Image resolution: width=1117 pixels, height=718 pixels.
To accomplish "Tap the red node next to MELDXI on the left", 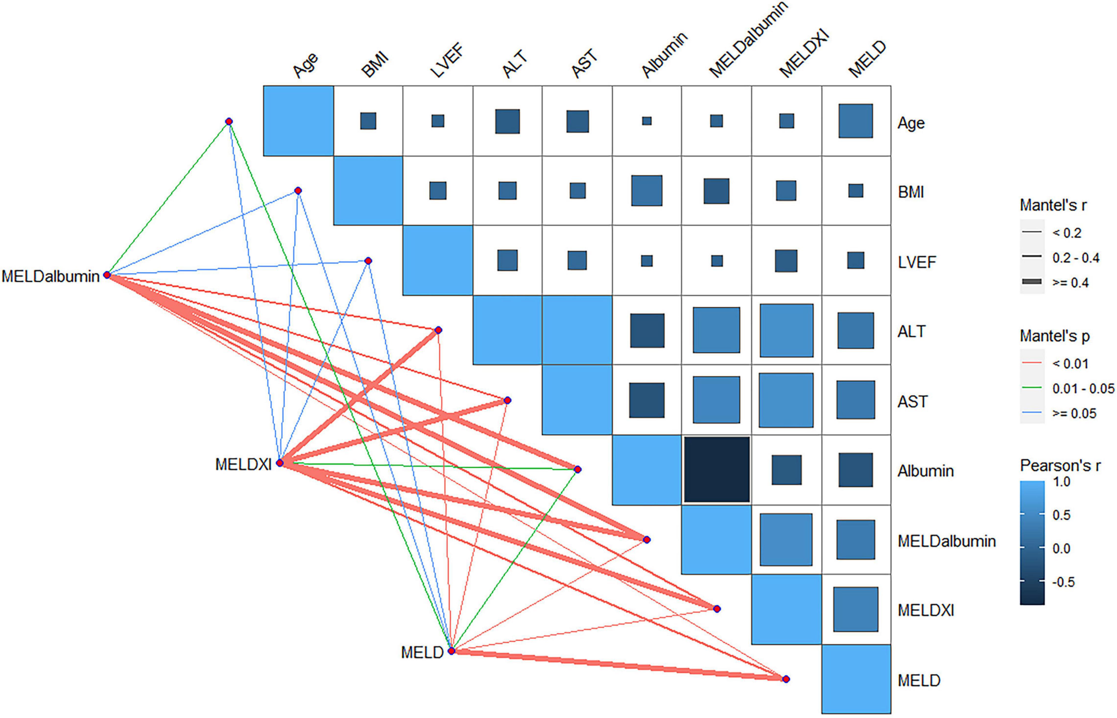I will coord(280,463).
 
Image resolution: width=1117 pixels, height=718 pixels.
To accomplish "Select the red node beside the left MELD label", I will coord(451,651).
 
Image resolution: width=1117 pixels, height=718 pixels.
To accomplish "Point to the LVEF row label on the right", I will coord(917,262).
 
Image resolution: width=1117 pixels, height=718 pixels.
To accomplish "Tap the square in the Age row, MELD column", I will coord(856,121).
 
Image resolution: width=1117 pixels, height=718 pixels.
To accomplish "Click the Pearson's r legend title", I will coord(1060,465).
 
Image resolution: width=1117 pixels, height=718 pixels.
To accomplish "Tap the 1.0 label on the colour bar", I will coord(1062,482).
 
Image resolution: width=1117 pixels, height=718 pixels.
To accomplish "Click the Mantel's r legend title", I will coord(1053,205).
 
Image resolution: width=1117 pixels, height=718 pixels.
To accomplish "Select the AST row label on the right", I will coord(912,402).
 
